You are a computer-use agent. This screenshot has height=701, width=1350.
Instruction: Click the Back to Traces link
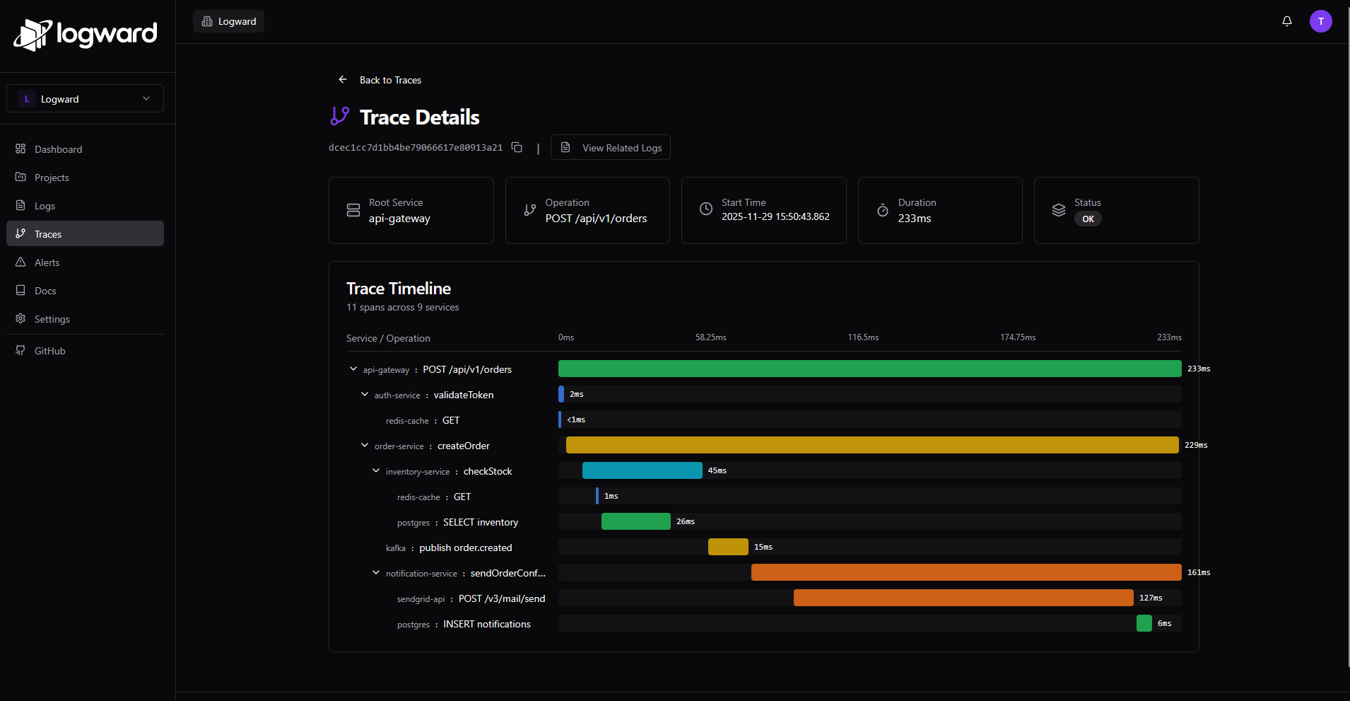[x=389, y=80]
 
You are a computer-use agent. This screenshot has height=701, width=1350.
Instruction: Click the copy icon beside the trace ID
[x=517, y=147]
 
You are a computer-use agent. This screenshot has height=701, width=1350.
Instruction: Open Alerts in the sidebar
[x=47, y=262]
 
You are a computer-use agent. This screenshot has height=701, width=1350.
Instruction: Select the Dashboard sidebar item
[x=58, y=149]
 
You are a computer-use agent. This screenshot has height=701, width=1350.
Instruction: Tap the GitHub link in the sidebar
[x=49, y=351]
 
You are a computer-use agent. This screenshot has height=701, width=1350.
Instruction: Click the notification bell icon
[x=1287, y=21]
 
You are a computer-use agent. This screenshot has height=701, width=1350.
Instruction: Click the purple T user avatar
[x=1320, y=21]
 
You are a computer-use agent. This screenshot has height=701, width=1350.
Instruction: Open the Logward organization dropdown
[x=85, y=99]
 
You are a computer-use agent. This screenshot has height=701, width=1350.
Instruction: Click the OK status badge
[x=1088, y=219]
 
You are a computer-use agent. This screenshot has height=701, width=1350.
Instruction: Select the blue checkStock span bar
[x=642, y=470]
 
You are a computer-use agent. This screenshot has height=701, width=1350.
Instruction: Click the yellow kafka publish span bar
[x=728, y=547]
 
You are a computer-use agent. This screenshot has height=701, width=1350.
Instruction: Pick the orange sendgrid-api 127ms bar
[x=963, y=598]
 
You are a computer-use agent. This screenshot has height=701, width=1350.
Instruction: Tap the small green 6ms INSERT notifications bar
[x=1144, y=623]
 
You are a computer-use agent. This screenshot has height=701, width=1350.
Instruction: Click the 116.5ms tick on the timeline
[x=863, y=337]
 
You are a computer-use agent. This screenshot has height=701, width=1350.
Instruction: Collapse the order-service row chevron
[x=365, y=446]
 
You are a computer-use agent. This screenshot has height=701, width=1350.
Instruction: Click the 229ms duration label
[x=1196, y=445]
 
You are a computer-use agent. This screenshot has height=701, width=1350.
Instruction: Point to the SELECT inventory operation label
[x=480, y=522]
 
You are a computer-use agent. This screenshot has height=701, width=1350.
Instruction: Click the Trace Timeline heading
[x=399, y=289]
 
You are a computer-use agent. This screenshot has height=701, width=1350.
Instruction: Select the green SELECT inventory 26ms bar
[x=635, y=521]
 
